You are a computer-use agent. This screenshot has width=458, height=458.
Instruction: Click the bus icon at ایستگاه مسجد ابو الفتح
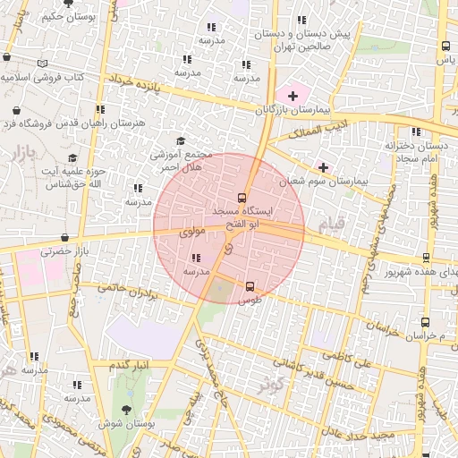(242, 198)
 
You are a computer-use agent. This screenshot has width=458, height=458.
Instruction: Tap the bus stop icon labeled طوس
(250, 286)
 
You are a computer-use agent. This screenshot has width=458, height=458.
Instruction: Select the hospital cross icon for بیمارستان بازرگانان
(293, 94)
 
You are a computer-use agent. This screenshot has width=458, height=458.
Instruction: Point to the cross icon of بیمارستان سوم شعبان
(323, 166)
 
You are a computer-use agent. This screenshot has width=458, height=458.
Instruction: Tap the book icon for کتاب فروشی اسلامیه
(44, 64)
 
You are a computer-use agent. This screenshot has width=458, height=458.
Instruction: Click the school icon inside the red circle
(196, 258)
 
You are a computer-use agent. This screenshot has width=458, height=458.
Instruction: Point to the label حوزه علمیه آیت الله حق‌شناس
(79, 176)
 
